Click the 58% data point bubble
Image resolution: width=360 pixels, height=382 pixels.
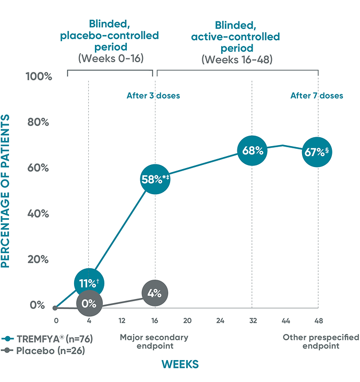pos(154,180)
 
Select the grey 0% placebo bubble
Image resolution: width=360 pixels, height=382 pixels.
pos(89,303)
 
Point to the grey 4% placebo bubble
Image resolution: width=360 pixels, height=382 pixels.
pos(154,293)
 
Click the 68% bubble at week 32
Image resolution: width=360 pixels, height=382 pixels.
pos(253,151)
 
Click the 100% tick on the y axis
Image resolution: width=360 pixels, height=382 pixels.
pos(39,77)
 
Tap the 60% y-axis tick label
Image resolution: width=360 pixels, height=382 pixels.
pos(39,168)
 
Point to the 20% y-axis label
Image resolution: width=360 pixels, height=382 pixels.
pos(39,259)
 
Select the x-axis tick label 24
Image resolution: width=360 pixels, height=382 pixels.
pos(220,320)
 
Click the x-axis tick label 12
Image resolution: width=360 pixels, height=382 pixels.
pos(122,320)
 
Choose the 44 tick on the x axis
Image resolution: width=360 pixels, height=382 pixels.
pos(285,320)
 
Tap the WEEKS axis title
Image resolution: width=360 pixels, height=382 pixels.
pos(180,364)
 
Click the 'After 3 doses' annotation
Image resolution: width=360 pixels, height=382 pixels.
pos(153,95)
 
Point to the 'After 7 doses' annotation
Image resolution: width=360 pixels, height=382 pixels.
pos(317,95)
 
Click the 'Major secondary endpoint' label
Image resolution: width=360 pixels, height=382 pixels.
pos(154,341)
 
